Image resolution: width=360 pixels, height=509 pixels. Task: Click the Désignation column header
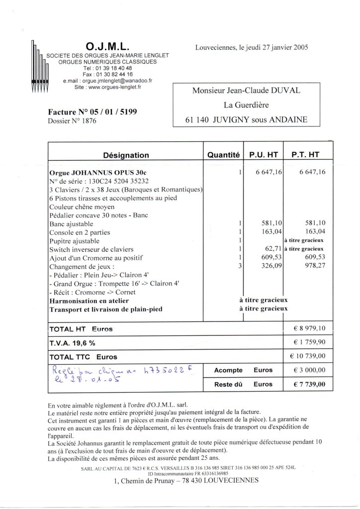125,155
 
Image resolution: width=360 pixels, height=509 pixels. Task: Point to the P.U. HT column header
264,155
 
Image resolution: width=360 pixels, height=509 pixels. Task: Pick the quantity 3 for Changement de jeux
239,266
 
